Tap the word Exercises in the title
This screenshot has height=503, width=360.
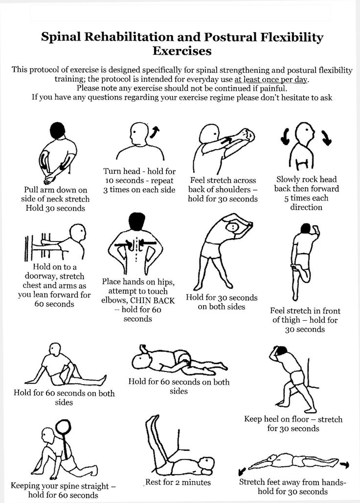pyautogui.click(x=182, y=51)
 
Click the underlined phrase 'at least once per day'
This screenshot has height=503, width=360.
pyautogui.click(x=271, y=79)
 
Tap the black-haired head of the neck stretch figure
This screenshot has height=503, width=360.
pyautogui.click(x=58, y=131)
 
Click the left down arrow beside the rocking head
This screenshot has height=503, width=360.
pyautogui.click(x=285, y=136)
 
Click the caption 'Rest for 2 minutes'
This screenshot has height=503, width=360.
pyautogui.click(x=178, y=482)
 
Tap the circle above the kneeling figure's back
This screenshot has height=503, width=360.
pyautogui.click(x=63, y=427)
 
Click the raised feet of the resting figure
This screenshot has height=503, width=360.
pyautogui.click(x=153, y=421)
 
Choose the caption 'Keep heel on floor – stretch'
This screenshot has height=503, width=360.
pyautogui.click(x=293, y=419)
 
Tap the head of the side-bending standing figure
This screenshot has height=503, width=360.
pyautogui.click(x=232, y=227)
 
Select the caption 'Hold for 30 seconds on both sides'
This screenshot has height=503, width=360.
pyautogui.click(x=222, y=302)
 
